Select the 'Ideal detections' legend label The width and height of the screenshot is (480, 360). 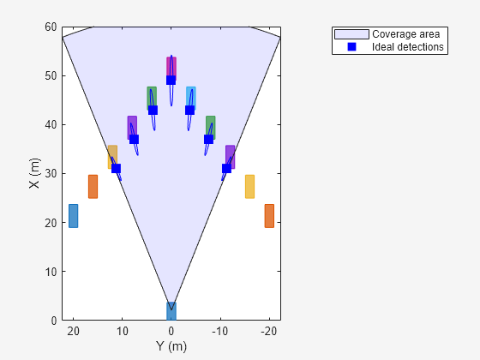408,47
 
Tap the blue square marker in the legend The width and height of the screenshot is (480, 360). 351,47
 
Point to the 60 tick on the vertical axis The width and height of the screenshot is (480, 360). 51,27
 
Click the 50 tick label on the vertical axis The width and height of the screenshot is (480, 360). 51,75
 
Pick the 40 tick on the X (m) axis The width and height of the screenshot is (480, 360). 51,124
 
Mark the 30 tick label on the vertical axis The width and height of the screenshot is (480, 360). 51,173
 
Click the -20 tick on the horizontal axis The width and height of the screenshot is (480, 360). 268,331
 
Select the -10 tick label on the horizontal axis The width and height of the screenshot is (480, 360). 219,331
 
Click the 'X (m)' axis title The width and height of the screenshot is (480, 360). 33,173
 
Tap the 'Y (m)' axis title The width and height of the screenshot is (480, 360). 171,346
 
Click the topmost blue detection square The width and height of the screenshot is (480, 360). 171,80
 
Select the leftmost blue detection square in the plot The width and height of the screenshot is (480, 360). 116,168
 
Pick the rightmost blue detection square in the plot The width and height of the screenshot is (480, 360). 226,168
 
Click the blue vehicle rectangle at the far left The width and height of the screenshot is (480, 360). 73,215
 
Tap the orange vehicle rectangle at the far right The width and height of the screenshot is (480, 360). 269,215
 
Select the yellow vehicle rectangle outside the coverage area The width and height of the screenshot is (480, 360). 249,186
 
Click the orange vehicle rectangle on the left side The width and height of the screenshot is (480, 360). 93,186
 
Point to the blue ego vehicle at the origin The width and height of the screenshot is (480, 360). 171,310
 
